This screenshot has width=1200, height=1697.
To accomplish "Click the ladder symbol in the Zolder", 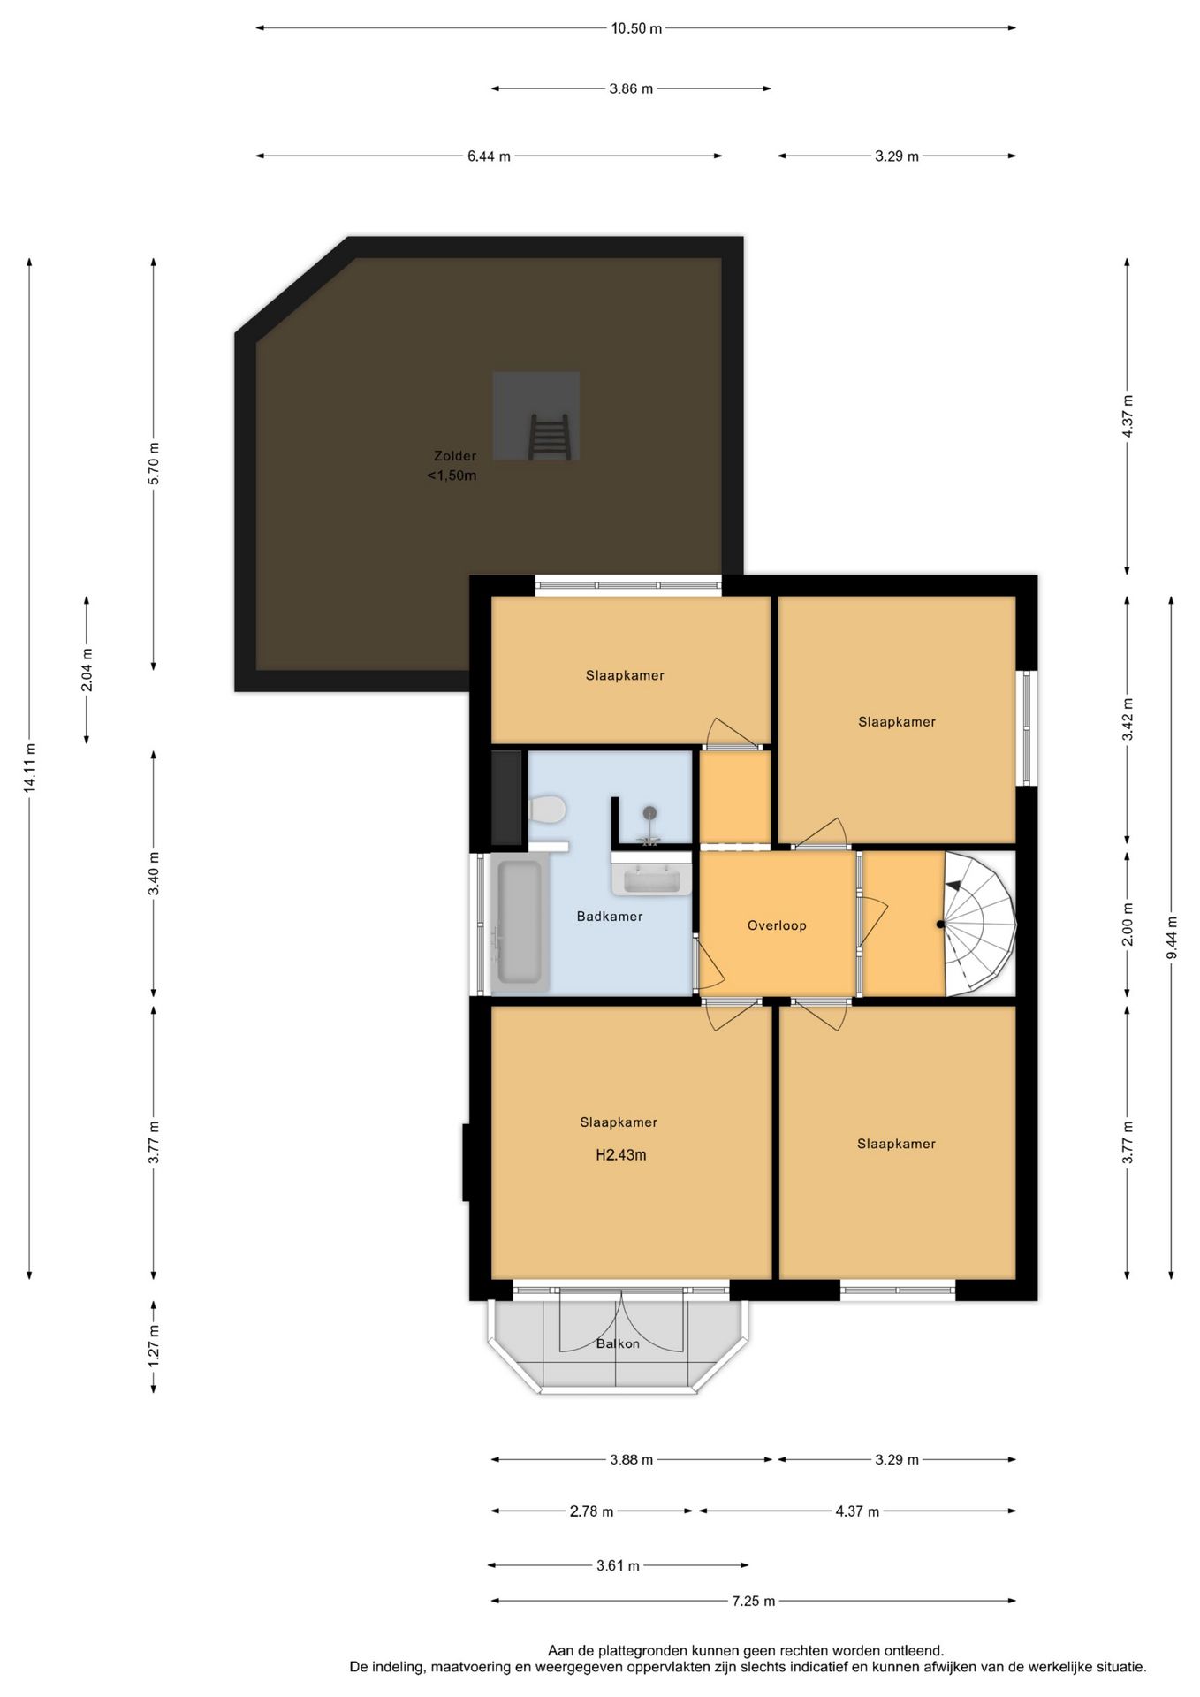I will pyautogui.click(x=549, y=437).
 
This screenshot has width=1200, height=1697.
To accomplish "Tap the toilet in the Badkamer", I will pyautogui.click(x=548, y=809).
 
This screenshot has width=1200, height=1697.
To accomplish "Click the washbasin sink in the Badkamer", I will pyautogui.click(x=651, y=879).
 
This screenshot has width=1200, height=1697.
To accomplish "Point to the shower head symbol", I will pyautogui.click(x=649, y=813).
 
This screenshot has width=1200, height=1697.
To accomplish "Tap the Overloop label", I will pyautogui.click(x=777, y=925).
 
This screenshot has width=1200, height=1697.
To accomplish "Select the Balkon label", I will pyautogui.click(x=618, y=1343).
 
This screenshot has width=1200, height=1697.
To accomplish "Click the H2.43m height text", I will pyautogui.click(x=620, y=1154).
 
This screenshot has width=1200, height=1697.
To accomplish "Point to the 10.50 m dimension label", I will pyautogui.click(x=636, y=28).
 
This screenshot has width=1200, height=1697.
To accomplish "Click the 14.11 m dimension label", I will pyautogui.click(x=29, y=767).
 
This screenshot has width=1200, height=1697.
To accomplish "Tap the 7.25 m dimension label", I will pyautogui.click(x=753, y=1601).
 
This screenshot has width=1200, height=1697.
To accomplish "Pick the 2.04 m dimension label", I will pyautogui.click(x=87, y=669).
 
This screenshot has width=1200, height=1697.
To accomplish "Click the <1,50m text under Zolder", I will pyautogui.click(x=452, y=476).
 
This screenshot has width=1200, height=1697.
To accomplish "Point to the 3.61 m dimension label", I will pyautogui.click(x=618, y=1565).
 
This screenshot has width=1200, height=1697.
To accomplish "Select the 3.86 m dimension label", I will pyautogui.click(x=631, y=88).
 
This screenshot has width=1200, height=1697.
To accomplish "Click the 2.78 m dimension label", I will pyautogui.click(x=591, y=1511).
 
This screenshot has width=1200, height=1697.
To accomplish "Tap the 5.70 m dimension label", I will pyautogui.click(x=154, y=463).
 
